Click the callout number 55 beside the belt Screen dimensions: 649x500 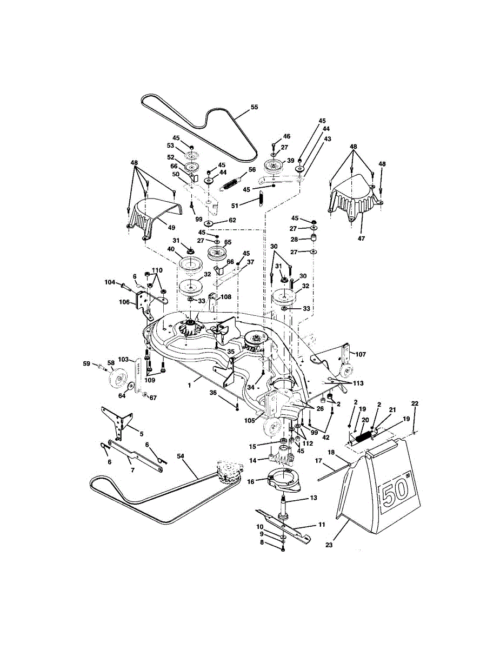point(254,107)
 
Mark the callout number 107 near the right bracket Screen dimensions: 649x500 point(361,355)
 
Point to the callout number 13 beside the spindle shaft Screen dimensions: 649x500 point(314,498)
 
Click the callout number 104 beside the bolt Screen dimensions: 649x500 point(109,282)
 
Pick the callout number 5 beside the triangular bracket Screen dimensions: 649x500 point(141,433)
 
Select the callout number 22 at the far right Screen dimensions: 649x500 point(415,403)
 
